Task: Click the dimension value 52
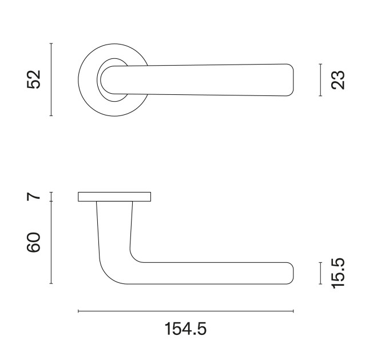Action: pos(34,79)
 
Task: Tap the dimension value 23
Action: pos(338,80)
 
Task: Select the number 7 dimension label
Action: pos(34,197)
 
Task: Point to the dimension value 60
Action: pos(34,242)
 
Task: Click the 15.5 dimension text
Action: pos(338,273)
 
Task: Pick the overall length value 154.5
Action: pos(185,329)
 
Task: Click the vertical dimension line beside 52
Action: pos(51,79)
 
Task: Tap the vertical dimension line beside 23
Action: pos(320,80)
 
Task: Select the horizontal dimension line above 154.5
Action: pos(186,311)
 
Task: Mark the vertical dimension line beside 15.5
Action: pos(320,273)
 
